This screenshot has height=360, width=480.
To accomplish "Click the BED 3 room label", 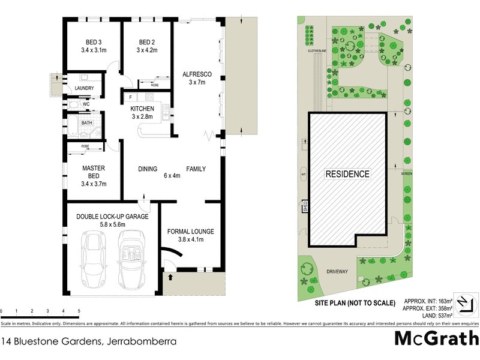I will tap(94, 41).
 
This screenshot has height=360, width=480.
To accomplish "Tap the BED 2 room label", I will tap(146, 41).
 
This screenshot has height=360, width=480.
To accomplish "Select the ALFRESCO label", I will tap(197, 74).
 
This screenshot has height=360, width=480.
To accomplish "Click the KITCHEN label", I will tap(143, 108).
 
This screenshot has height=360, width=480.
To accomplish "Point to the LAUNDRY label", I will tap(84, 88).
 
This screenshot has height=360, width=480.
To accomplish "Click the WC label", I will tap(85, 104).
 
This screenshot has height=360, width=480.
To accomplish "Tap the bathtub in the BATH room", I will tap(73, 127).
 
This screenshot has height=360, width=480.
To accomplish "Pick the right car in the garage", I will tap(130, 260).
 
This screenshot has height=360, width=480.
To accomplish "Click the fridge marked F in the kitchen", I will tap(130, 97).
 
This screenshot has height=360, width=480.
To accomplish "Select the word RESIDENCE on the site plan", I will tap(347, 174).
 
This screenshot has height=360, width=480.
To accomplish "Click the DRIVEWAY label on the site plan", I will tap(337, 271).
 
